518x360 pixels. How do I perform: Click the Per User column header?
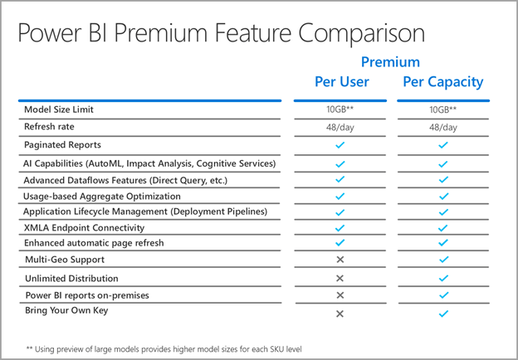click(341, 82)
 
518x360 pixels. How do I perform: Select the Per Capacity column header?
click(442, 82)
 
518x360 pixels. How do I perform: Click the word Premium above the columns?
click(390, 61)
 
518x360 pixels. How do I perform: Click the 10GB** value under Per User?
click(340, 110)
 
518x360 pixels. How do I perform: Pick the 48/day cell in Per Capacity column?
click(442, 127)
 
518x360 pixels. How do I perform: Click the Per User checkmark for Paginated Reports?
click(340, 145)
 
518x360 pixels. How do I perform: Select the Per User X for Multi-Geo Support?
click(340, 260)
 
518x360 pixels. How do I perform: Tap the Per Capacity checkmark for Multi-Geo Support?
click(442, 260)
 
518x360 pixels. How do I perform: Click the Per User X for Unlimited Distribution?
click(340, 279)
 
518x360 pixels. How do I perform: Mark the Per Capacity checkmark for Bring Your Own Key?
click(442, 314)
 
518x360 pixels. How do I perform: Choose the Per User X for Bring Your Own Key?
click(340, 314)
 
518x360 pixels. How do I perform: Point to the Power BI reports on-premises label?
click(86, 294)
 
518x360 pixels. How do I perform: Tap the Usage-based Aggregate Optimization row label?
click(101, 196)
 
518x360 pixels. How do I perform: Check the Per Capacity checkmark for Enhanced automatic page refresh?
click(442, 243)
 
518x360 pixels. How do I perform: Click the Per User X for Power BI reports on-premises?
click(340, 295)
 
